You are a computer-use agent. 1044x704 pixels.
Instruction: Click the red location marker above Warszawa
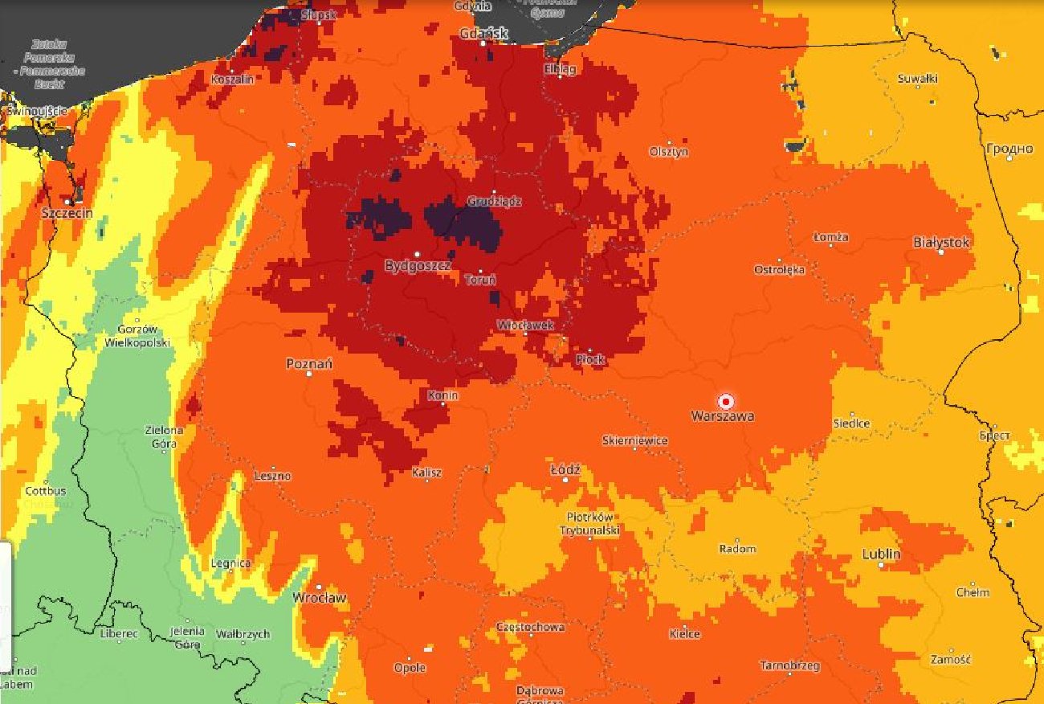726,401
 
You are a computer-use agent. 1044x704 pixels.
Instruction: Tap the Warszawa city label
722,416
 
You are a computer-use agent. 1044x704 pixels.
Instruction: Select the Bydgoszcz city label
418,265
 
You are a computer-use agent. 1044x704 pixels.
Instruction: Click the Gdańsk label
484,33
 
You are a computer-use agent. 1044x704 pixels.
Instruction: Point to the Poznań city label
309,364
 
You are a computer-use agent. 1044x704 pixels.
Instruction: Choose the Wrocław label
319,598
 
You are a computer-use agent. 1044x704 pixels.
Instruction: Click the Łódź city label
565,469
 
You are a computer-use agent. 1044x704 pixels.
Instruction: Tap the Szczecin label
67,213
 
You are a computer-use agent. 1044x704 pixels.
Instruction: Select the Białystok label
941,242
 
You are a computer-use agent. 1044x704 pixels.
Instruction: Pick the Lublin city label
881,554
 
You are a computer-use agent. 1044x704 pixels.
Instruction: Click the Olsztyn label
668,152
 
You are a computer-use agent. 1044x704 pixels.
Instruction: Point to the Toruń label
480,280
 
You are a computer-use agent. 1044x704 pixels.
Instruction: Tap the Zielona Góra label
164,436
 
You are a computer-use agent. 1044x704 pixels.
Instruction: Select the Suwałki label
918,79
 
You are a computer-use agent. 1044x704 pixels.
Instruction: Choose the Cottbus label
46,490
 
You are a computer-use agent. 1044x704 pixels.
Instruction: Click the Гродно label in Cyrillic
1009,149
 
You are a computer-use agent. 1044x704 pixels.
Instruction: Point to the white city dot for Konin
442,404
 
